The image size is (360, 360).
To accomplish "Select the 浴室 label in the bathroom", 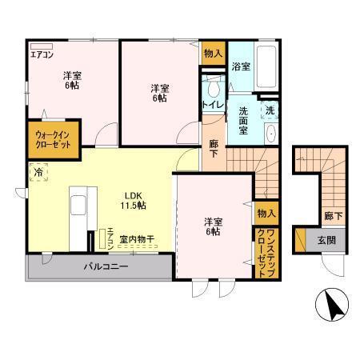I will pos(239,66).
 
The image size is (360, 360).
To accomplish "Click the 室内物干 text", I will pos(137,238).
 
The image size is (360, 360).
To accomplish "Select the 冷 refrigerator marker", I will pos(38,170).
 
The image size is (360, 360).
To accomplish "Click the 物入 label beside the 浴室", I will pos(213,54).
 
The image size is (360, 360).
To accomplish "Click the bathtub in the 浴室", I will pos(265,69).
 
